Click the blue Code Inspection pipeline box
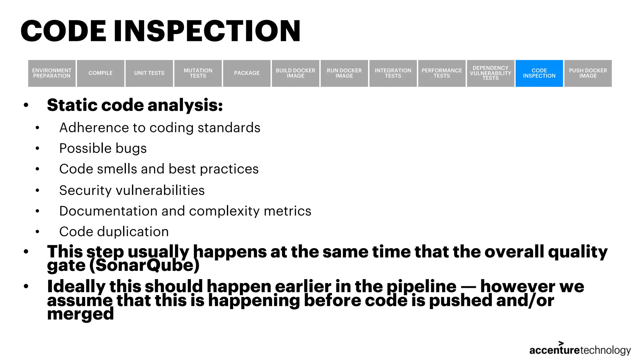click(x=539, y=73)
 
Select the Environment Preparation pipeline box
click(x=52, y=73)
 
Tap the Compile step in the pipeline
click(x=100, y=73)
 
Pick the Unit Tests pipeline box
click(x=149, y=73)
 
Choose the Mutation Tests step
click(x=198, y=73)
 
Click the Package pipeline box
click(x=247, y=73)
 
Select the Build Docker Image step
click(x=295, y=73)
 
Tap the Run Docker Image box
click(x=344, y=73)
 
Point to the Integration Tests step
click(x=393, y=73)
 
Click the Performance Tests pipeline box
click(x=442, y=73)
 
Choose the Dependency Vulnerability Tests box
click(x=490, y=73)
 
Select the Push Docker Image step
click(x=588, y=73)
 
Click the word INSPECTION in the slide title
click(x=207, y=31)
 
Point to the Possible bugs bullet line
click(x=103, y=148)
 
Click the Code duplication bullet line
click(x=114, y=232)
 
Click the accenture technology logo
click(x=580, y=349)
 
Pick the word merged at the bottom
click(x=80, y=314)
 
